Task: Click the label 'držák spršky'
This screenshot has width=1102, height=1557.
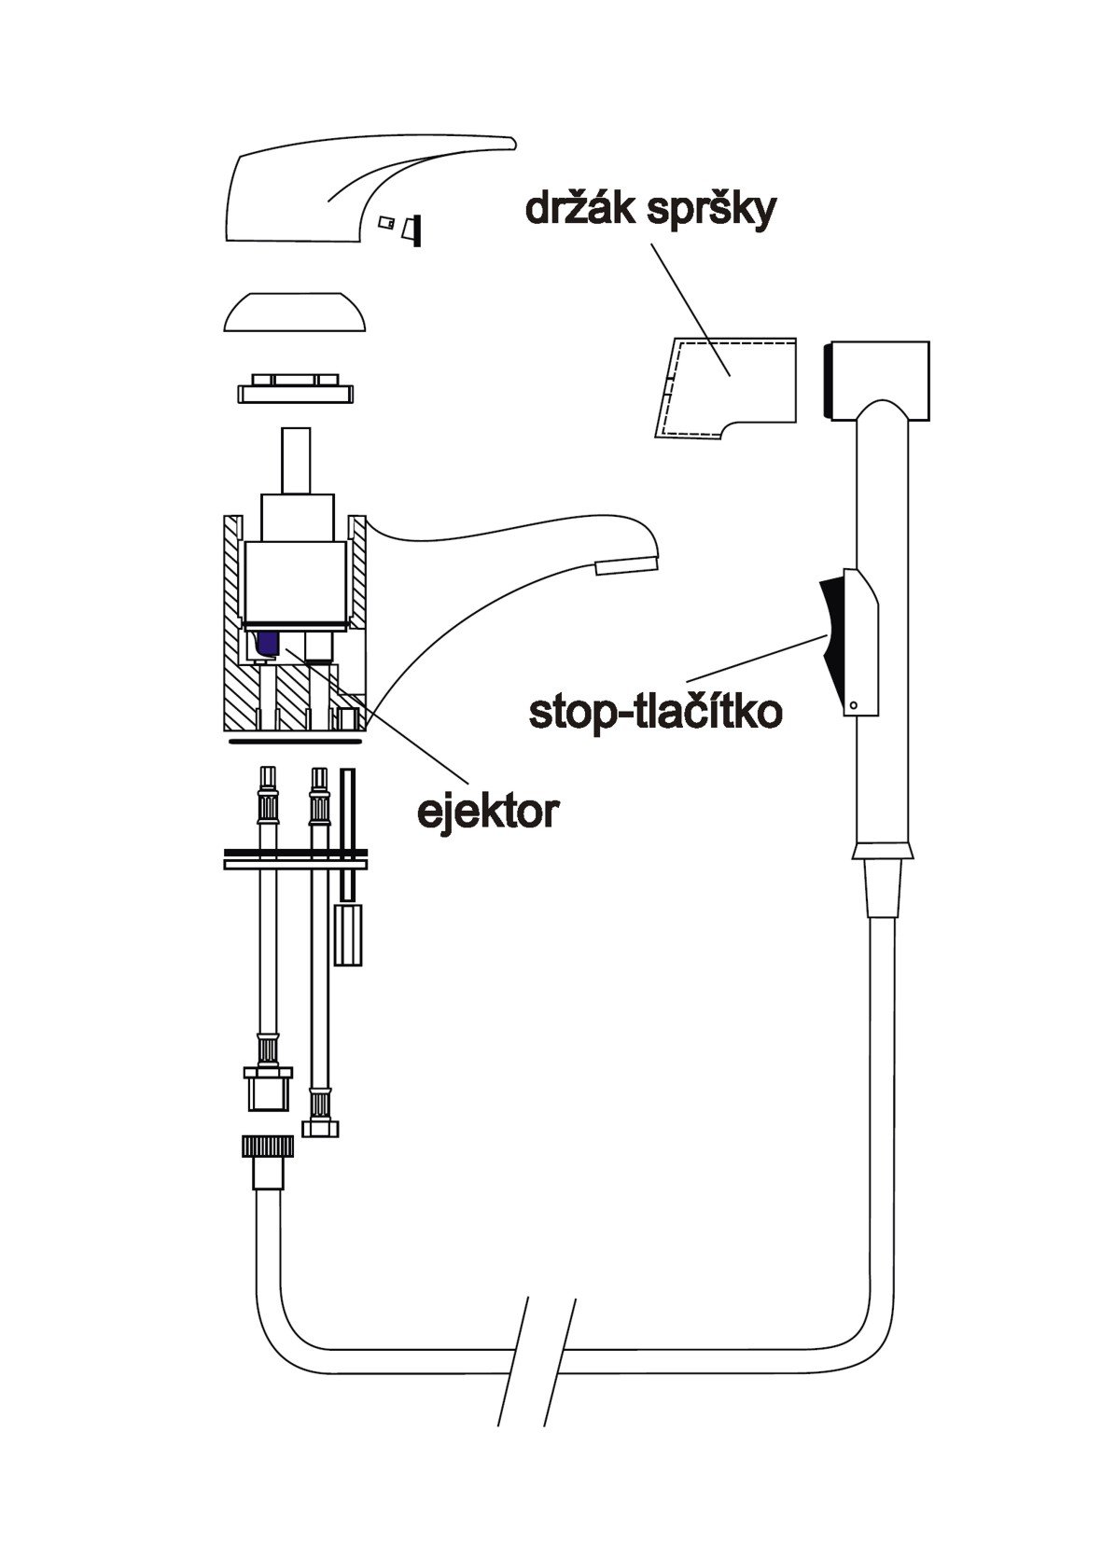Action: [x=650, y=210]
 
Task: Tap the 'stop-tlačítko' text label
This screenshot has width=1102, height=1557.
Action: [x=655, y=712]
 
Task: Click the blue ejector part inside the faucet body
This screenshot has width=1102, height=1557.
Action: [x=269, y=641]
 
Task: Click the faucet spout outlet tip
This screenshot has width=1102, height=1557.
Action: [x=625, y=564]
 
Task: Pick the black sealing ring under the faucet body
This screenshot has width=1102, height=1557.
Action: [x=295, y=742]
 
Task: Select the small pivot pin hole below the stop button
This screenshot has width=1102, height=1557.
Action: [x=853, y=704]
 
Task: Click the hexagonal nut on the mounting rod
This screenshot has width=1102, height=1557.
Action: [x=348, y=933]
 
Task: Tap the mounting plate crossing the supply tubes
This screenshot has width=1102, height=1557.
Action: [x=296, y=859]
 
